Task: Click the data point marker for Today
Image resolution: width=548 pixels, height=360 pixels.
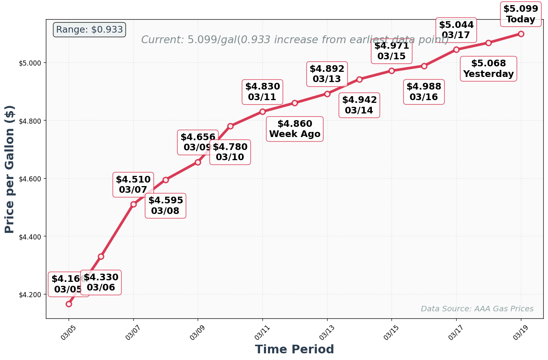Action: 521,34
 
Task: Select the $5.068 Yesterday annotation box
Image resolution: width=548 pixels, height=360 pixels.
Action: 488,69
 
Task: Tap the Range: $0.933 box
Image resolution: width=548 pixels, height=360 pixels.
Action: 89,29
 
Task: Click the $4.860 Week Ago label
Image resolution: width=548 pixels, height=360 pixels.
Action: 295,129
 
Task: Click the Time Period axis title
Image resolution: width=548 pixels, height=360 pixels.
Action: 294,349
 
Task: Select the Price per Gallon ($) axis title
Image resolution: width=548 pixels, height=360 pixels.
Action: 10,169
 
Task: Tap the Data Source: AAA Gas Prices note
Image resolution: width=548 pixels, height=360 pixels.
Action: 477,309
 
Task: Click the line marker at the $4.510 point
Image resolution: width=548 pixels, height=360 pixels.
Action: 133,204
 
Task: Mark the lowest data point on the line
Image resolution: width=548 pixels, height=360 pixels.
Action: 69,304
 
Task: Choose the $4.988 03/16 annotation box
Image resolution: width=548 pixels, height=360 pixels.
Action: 424,92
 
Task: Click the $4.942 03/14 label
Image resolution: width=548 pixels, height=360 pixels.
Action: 359,105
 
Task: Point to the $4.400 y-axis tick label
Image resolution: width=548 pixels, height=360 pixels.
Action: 30,237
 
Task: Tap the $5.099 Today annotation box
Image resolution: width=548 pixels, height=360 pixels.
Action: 520,14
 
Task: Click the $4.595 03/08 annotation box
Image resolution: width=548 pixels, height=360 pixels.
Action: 165,206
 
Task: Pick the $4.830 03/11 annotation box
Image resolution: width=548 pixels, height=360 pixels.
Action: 262,92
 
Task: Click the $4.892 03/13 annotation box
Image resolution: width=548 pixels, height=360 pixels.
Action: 327,74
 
